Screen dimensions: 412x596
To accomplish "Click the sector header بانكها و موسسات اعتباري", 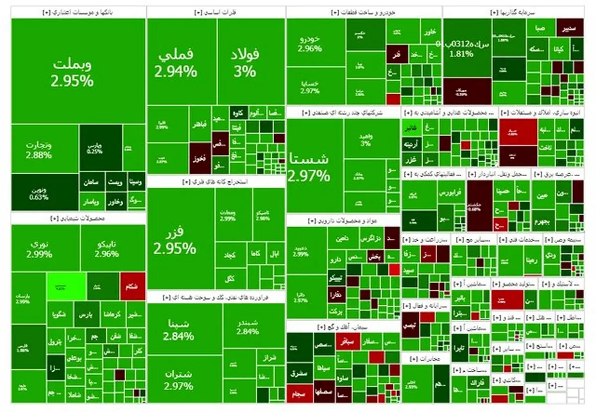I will tap(78, 12).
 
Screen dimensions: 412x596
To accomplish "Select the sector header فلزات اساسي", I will tap(216, 12).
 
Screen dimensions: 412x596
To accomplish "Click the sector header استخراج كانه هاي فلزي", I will tap(216, 182).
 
